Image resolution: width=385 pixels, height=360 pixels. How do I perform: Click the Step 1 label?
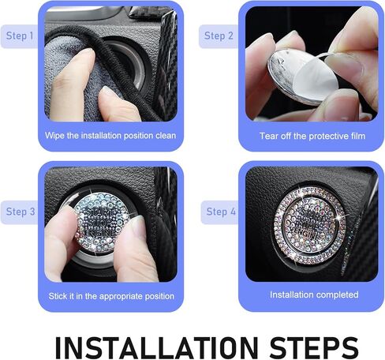[x=20, y=36]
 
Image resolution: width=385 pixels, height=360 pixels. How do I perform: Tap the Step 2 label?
[x=219, y=36]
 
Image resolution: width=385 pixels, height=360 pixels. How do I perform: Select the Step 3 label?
[x=21, y=212]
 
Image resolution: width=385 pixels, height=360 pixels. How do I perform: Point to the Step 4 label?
[x=221, y=212]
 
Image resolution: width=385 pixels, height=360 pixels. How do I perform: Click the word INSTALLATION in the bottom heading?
[x=157, y=347]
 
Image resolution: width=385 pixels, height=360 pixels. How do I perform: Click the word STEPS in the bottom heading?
[x=314, y=347]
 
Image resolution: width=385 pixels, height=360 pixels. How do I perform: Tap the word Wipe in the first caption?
[x=54, y=136]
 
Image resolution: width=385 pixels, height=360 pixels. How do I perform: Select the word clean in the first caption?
[x=166, y=136]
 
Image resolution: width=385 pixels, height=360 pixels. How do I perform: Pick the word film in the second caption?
[x=358, y=136]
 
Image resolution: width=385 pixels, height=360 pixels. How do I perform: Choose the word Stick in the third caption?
[x=58, y=296]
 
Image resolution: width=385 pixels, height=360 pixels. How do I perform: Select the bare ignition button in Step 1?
[x=132, y=66]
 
